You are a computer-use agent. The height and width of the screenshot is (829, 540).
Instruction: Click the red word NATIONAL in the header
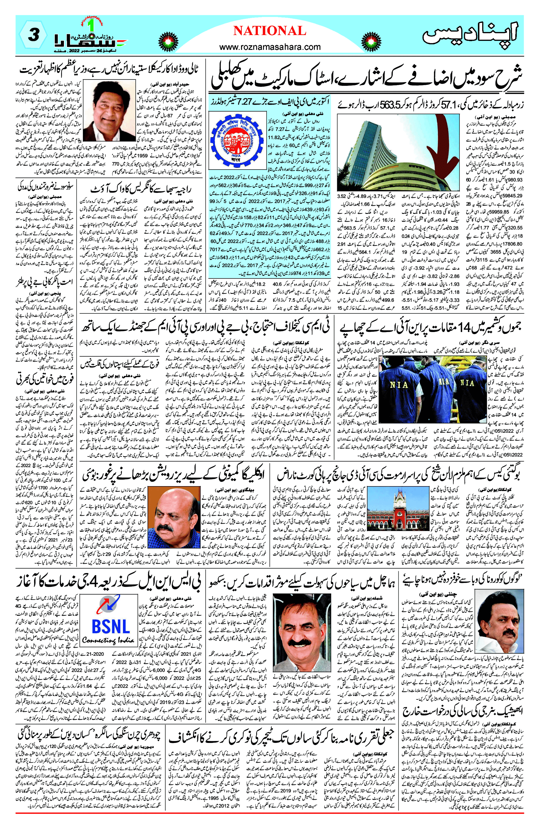coord(270,31)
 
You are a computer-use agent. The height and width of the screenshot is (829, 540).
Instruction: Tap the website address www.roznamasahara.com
coord(270,47)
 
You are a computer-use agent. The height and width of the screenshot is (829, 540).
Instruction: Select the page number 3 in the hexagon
coord(33,36)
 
